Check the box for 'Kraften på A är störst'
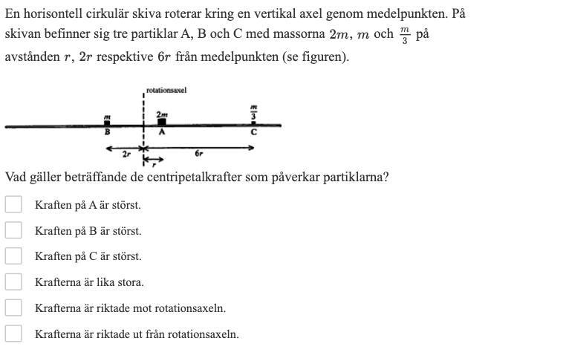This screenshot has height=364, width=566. click(13, 204)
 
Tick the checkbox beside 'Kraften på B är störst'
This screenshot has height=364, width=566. click(13, 230)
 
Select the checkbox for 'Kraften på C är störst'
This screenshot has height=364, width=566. click(13, 256)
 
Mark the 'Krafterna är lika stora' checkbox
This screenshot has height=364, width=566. click(13, 282)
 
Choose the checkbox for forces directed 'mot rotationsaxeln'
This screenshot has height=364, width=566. click(13, 308)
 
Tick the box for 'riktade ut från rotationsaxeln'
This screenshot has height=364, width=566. click(13, 334)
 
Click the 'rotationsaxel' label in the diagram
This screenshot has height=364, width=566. click(166, 91)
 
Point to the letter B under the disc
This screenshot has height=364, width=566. click(108, 132)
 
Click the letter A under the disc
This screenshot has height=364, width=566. click(162, 132)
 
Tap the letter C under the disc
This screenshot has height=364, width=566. click(253, 132)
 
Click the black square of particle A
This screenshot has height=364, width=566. click(162, 122)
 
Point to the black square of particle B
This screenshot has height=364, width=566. click(108, 123)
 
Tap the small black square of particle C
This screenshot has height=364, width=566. click(253, 123)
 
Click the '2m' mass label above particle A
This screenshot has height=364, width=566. click(162, 114)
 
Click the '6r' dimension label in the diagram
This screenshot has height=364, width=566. click(198, 154)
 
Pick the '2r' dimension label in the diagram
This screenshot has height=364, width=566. click(127, 154)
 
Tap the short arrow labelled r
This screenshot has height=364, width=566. click(153, 159)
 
